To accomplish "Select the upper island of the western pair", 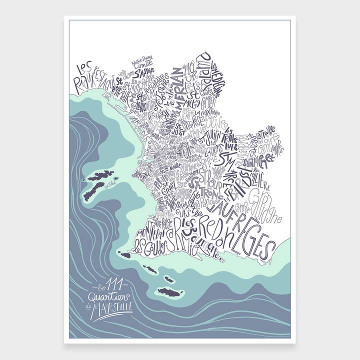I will [101, 175].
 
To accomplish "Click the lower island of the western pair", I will [93, 190].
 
